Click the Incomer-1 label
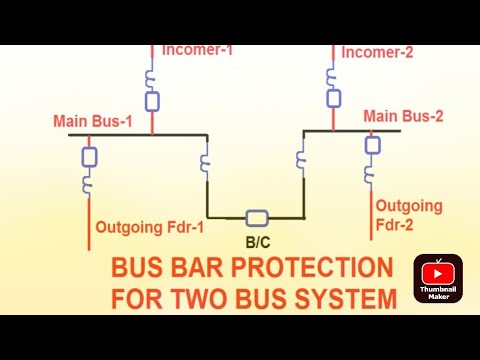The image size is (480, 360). pos(197,49)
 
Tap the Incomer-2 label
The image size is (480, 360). pos(378,52)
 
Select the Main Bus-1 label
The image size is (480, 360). pos(93,122)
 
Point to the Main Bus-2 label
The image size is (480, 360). pos(404,116)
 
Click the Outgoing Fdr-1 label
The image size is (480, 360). pos(149,227)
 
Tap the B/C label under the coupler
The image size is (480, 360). pos(258,241)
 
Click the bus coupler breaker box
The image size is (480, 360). pos(257,217)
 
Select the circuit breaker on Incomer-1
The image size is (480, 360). pos(152,101)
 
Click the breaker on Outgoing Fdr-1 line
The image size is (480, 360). pos(89,157)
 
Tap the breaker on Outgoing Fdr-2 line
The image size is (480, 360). pos(372,146)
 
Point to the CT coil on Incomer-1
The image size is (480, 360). pos(152,77)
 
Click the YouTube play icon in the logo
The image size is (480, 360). pos(438,271)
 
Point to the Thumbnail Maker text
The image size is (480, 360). pos(438,290)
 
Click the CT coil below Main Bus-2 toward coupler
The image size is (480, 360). pos(300,157)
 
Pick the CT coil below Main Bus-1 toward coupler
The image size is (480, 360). pos(206,160)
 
